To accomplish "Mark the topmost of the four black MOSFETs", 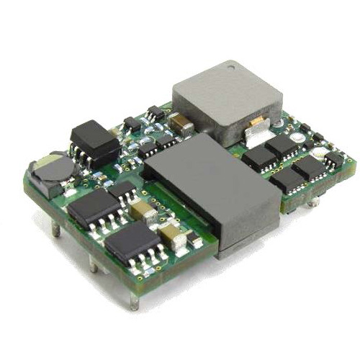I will tap(282, 147).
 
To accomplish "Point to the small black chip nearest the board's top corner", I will tap(155, 112).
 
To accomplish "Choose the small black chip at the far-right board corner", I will tap(333, 158).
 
